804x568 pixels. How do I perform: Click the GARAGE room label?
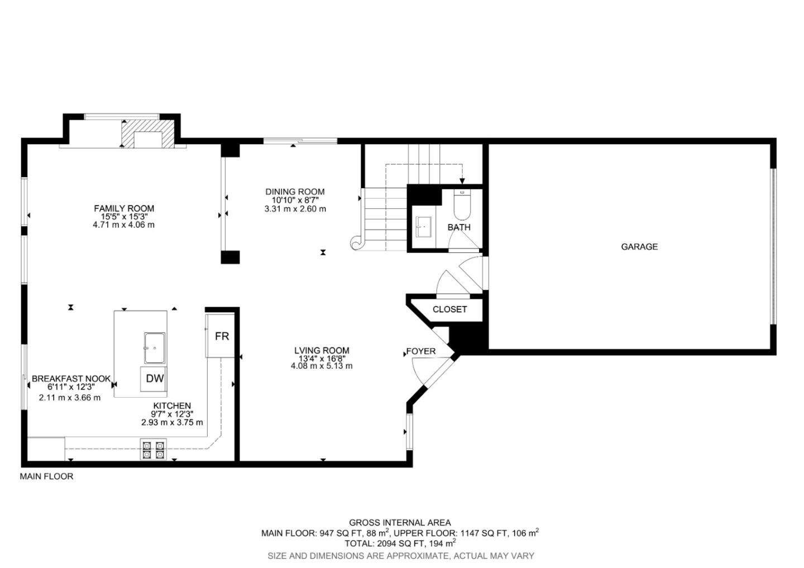(639, 246)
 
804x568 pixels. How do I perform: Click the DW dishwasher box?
(155, 378)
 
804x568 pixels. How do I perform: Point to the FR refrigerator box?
(221, 336)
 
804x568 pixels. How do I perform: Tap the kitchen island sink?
(155, 348)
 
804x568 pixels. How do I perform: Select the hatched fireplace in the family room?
(143, 133)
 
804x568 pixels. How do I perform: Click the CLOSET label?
(449, 309)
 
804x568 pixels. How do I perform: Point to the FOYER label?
(420, 351)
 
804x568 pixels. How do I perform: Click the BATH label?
(459, 227)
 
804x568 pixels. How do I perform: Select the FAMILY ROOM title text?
(124, 208)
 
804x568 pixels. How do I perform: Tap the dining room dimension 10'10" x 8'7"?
(295, 200)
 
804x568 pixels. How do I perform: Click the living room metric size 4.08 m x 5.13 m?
(322, 366)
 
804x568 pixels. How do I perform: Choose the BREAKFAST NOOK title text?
(71, 379)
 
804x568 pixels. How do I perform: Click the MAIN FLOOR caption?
(46, 476)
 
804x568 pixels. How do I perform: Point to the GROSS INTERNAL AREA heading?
(400, 523)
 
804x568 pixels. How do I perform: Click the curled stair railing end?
(356, 243)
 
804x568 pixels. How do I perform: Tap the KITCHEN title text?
(172, 406)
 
